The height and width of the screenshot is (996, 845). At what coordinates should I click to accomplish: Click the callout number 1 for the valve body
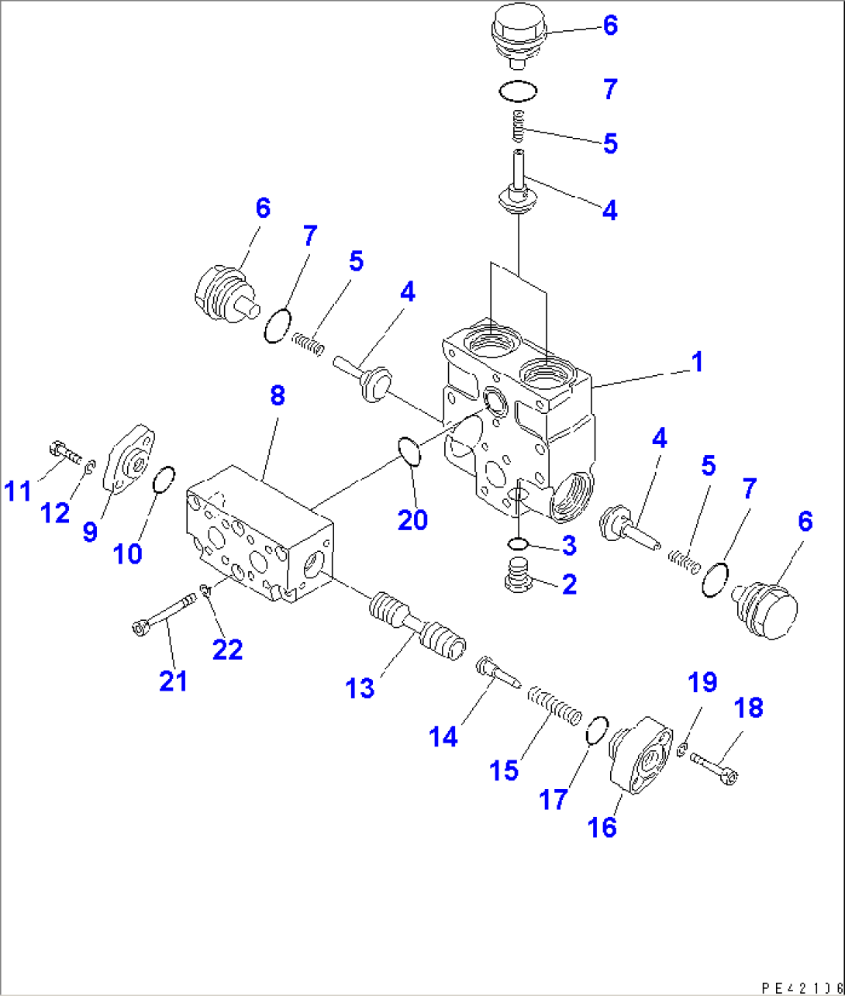tap(697, 362)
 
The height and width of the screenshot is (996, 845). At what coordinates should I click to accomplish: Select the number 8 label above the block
tap(277, 395)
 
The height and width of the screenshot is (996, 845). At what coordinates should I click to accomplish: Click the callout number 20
tap(412, 519)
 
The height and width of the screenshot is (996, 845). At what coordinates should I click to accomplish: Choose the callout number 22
tap(227, 649)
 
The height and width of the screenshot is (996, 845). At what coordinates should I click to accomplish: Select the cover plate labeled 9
tap(130, 461)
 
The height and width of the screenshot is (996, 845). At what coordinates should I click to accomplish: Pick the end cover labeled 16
tap(641, 756)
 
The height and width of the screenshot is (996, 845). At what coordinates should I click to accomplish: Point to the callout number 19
tap(702, 682)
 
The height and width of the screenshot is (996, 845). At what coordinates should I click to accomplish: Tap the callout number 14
tap(443, 736)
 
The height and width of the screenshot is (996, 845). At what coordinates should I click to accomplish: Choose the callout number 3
tap(569, 545)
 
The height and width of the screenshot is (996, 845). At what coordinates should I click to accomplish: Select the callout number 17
tap(554, 799)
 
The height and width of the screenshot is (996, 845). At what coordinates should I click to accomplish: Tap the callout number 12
tap(55, 512)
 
